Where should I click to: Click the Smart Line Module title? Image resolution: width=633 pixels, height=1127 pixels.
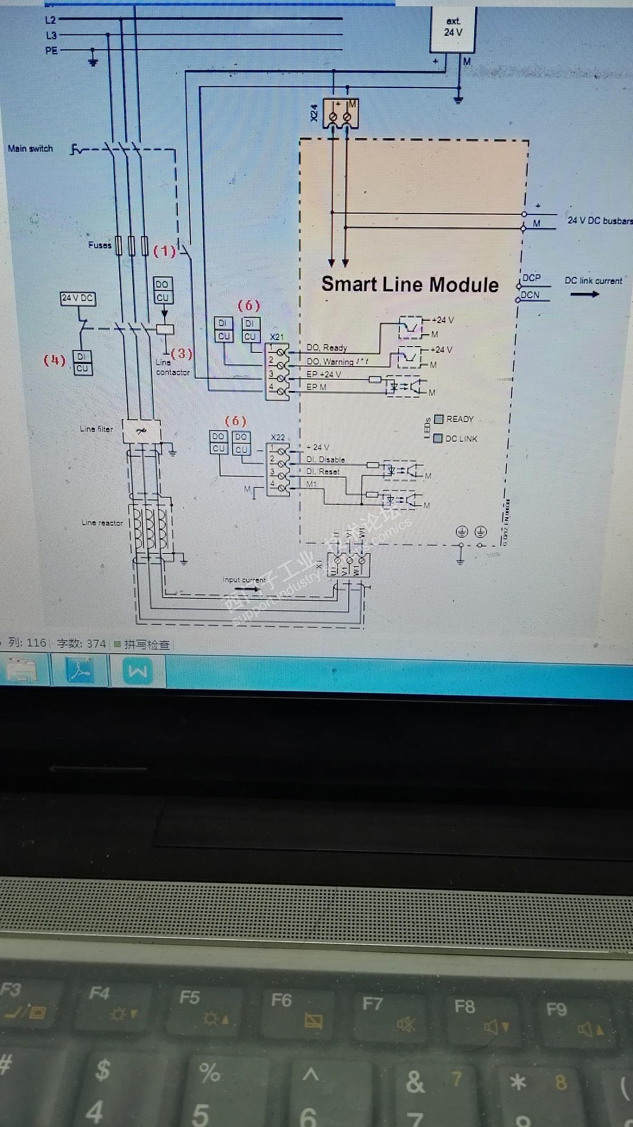pyautogui.click(x=410, y=284)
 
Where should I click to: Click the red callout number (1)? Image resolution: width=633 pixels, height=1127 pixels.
pyautogui.click(x=165, y=252)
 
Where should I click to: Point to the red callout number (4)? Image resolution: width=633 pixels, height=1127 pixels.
pyautogui.click(x=54, y=361)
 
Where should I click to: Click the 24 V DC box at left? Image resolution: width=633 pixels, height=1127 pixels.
pyautogui.click(x=77, y=298)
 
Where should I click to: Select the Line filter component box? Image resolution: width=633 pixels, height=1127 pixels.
pyautogui.click(x=141, y=431)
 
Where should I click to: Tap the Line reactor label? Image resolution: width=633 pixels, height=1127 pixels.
pyautogui.click(x=102, y=523)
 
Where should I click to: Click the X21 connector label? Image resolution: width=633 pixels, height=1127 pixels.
pyautogui.click(x=277, y=337)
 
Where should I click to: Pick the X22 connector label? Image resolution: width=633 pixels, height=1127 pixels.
pyautogui.click(x=277, y=437)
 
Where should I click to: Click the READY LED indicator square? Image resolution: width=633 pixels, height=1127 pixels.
pyautogui.click(x=439, y=419)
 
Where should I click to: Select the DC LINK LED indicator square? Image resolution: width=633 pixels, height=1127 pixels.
pyautogui.click(x=438, y=438)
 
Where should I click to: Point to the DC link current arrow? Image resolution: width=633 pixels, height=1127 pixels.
pyautogui.click(x=584, y=294)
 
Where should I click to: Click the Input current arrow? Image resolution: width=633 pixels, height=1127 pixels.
pyautogui.click(x=247, y=588)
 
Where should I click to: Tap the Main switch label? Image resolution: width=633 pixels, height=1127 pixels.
pyautogui.click(x=30, y=149)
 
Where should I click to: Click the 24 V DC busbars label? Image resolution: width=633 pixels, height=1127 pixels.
pyautogui.click(x=599, y=221)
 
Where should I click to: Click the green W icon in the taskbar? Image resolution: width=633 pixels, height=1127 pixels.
pyautogui.click(x=137, y=672)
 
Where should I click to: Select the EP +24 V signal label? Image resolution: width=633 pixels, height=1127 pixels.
pyautogui.click(x=323, y=375)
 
